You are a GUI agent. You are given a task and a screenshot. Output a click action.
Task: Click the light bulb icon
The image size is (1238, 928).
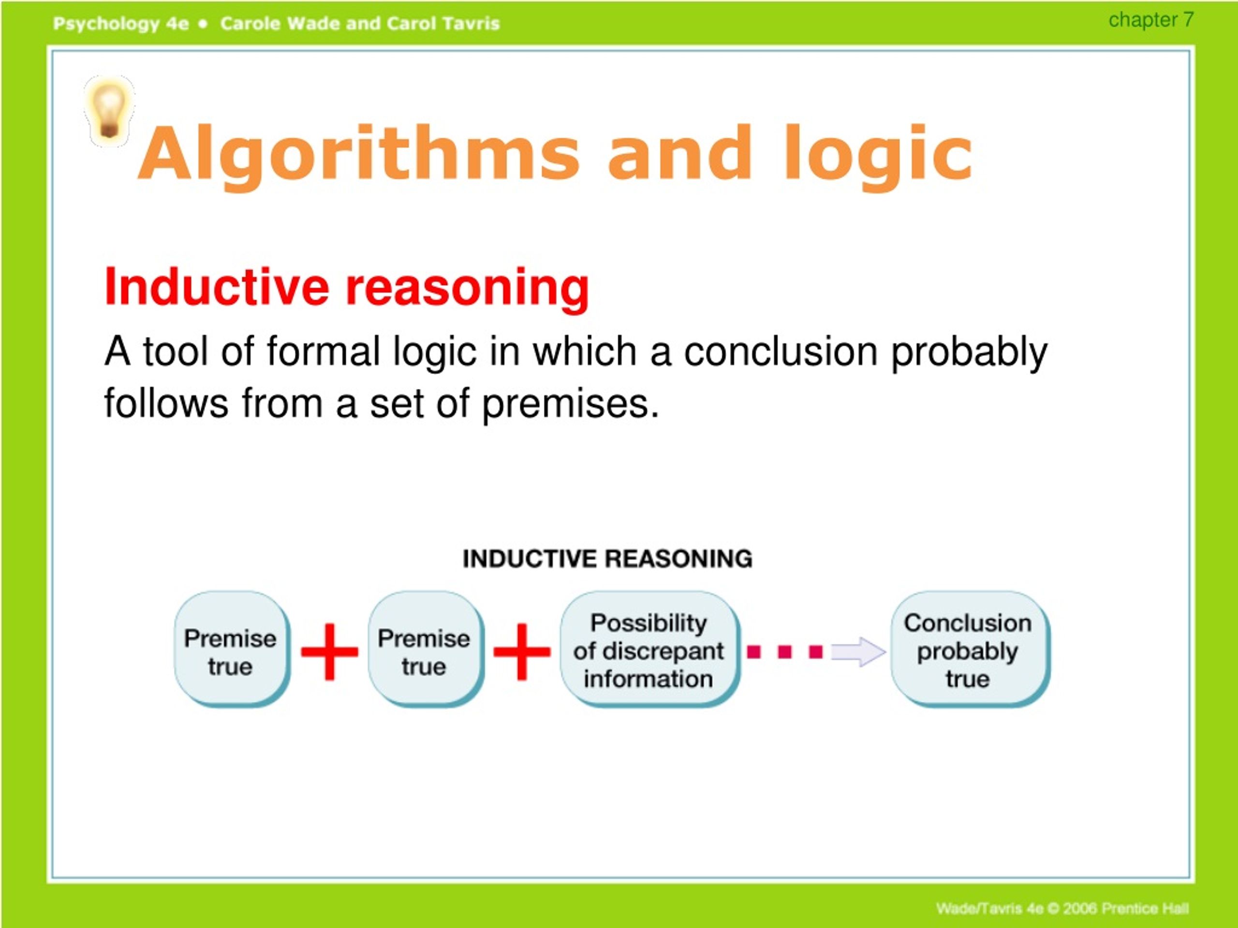(x=109, y=110)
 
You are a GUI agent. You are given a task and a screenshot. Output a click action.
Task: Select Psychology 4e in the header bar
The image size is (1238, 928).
(x=121, y=24)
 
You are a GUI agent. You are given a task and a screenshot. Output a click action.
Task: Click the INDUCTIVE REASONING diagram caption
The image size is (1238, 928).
(x=607, y=559)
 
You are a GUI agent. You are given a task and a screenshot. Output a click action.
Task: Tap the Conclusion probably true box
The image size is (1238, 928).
(x=968, y=651)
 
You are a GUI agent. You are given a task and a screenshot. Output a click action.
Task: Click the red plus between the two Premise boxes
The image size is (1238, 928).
(x=330, y=652)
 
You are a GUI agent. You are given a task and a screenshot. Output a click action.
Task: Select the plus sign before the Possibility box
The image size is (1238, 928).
(x=522, y=652)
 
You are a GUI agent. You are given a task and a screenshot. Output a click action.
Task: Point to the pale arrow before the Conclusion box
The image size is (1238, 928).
(x=857, y=652)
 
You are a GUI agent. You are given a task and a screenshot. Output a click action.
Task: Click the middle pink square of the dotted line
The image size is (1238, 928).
(x=785, y=652)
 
